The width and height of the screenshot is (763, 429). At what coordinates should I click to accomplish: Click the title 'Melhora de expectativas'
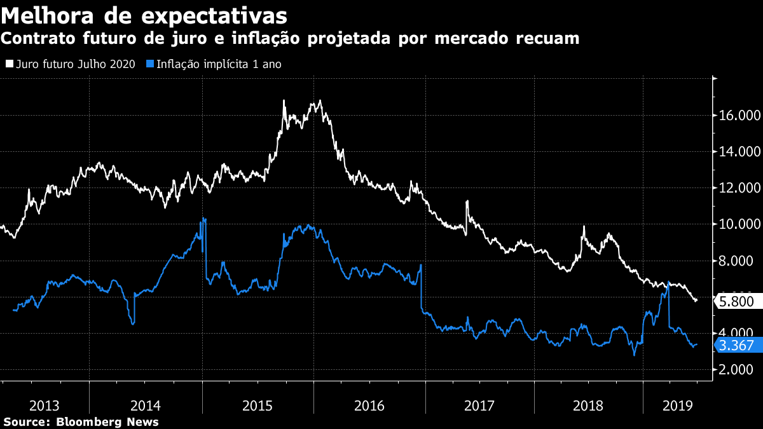144,15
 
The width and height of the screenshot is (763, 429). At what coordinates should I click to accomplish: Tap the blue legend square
151,64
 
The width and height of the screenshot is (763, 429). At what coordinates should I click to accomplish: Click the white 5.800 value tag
736,301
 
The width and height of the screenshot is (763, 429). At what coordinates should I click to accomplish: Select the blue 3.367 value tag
736,346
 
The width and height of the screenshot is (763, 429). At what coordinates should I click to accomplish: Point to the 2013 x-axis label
45,405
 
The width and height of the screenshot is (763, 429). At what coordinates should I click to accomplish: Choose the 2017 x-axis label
480,405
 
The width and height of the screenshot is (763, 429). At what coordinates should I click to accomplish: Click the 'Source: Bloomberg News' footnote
81,422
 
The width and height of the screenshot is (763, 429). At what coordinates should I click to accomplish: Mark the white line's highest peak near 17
320,100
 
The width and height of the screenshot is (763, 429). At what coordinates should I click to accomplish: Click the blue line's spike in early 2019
668,282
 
